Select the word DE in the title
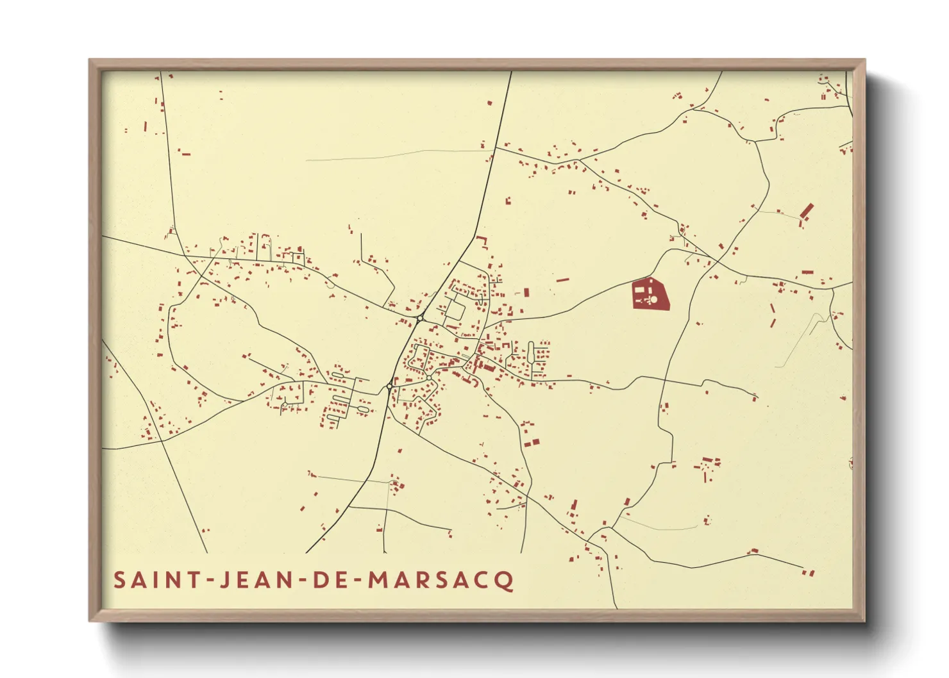pyautogui.click(x=328, y=581)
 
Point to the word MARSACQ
pyautogui.click(x=442, y=581)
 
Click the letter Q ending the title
pyautogui.click(x=505, y=581)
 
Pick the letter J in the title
pyautogui.click(x=225, y=581)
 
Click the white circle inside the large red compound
pyautogui.click(x=655, y=299)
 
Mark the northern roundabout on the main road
pyautogui.click(x=420, y=318)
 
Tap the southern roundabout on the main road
pyautogui.click(x=390, y=386)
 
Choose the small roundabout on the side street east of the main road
pyautogui.click(x=428, y=377)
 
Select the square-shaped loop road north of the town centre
pyautogui.click(x=455, y=310)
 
